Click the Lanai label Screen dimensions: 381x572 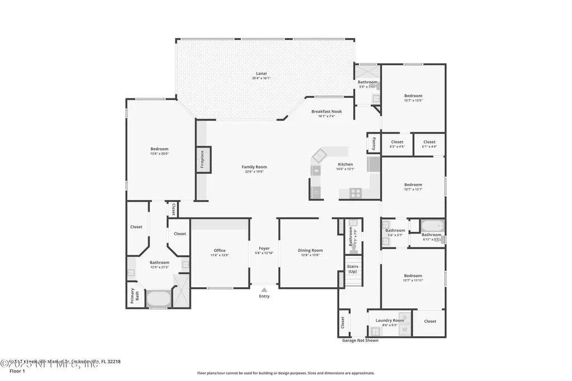[261, 73]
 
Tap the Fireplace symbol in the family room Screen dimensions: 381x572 [202, 159]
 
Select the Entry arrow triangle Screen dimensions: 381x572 [264, 290]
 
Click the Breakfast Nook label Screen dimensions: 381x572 [326, 111]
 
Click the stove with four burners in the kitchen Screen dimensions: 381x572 [355, 193]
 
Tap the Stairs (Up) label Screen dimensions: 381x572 [352, 269]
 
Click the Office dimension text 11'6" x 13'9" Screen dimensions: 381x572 [220, 255]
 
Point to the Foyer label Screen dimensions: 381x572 [264, 248]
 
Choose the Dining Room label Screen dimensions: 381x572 [310, 250]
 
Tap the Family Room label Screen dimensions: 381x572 [254, 166]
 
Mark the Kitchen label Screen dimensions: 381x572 [345, 164]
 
